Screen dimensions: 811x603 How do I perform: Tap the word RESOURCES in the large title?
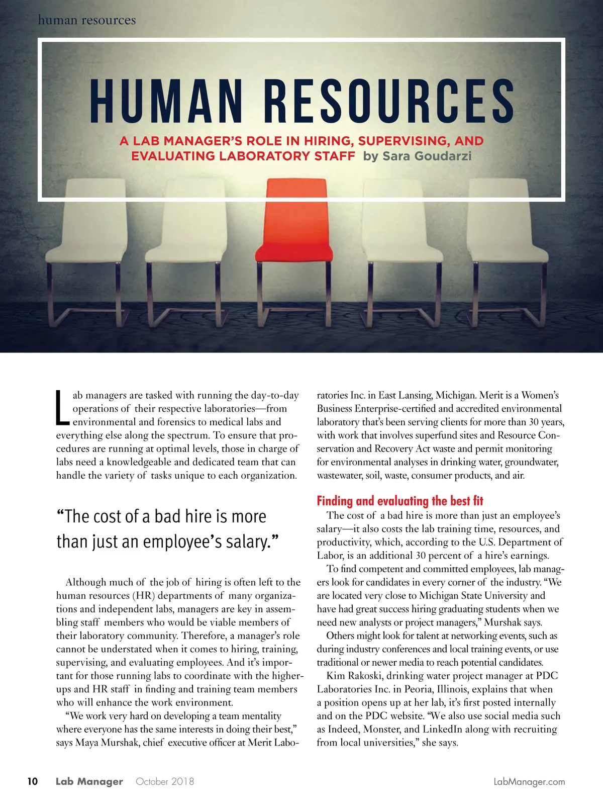388,102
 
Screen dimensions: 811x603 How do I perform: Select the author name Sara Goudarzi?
427,156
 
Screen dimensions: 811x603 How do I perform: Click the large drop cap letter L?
62,408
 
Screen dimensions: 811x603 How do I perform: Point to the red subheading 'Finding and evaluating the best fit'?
399,501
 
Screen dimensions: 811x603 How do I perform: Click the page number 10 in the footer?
33,781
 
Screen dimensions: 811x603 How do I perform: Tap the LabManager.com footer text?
529,782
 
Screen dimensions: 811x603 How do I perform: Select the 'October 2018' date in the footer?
165,781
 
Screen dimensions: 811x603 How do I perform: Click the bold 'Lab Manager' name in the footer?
89,781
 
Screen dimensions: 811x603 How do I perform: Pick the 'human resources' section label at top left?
87,20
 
